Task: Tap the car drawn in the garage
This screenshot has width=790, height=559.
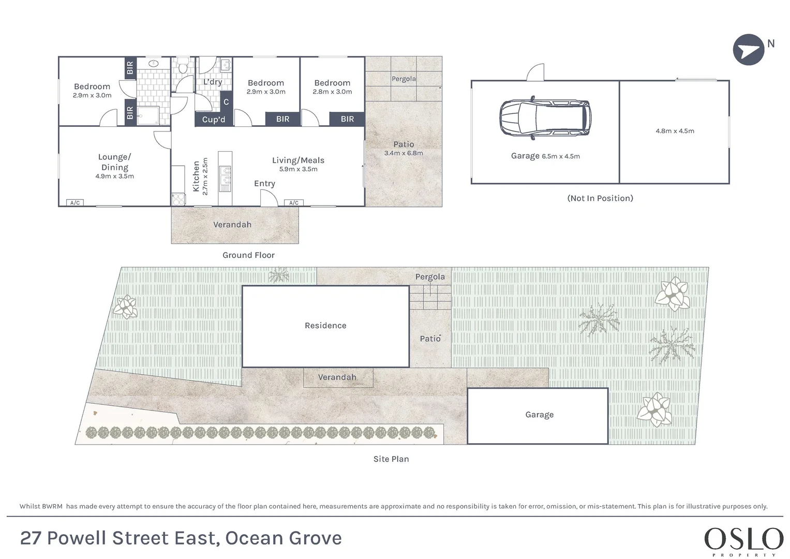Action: tap(546, 118)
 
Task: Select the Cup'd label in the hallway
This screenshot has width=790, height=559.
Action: tap(213, 120)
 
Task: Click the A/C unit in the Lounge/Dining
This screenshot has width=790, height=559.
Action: tap(75, 202)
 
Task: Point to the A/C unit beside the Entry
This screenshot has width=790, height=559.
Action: tap(294, 202)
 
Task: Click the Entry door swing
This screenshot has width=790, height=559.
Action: tap(269, 198)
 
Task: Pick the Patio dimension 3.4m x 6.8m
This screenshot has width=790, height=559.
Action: tap(404, 153)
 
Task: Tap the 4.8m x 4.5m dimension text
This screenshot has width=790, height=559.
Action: tap(675, 131)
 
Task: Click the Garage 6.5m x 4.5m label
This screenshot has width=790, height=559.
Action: tap(545, 156)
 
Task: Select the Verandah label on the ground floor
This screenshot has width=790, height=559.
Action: tap(232, 225)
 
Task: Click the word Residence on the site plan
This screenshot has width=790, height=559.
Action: tap(325, 326)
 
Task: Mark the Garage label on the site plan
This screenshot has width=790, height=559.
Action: tap(539, 415)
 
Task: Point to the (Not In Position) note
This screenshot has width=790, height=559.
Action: tap(600, 198)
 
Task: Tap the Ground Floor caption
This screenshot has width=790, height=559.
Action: tap(248, 255)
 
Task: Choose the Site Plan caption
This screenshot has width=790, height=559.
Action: tap(391, 459)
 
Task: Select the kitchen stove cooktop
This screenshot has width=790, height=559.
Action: tap(178, 199)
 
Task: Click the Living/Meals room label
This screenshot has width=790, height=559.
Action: tap(298, 160)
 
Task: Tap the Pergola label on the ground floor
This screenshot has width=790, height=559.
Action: tap(404, 79)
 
